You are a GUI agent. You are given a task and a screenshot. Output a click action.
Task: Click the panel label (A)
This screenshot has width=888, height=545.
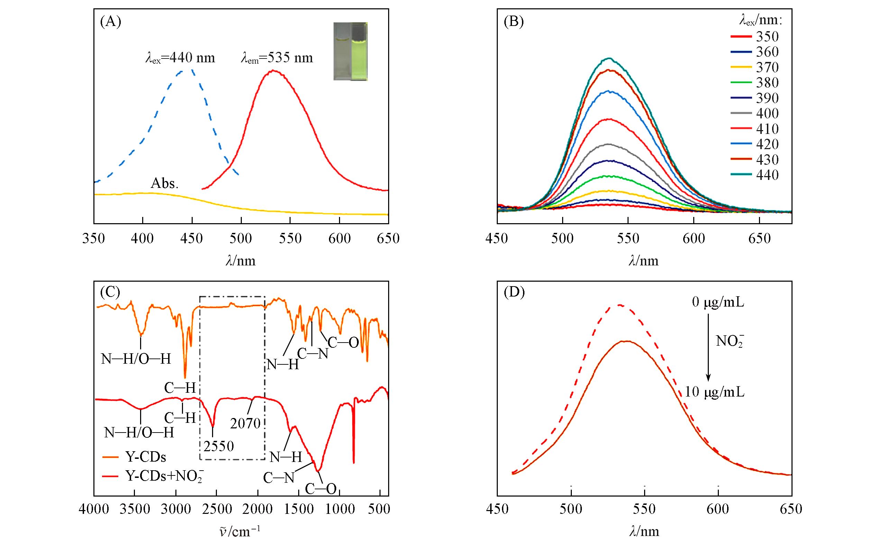tap(110, 22)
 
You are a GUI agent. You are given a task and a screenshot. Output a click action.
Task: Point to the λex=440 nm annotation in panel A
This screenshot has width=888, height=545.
tap(180, 58)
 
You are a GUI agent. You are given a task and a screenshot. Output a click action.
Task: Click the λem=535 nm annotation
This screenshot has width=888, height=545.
tap(277, 58)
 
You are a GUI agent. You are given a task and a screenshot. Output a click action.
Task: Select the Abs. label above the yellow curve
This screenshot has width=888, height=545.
tap(165, 184)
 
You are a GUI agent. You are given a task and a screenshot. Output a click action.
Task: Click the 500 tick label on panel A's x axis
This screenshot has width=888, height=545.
tap(241, 239)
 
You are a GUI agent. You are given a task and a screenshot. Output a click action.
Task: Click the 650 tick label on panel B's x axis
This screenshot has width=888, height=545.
tap(759, 239)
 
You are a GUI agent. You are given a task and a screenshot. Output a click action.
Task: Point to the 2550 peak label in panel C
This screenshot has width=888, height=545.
tap(218, 446)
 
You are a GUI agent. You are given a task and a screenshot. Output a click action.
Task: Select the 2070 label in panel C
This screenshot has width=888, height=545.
tap(245, 424)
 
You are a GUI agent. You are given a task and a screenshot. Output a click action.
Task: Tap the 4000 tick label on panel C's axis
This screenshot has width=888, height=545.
tap(94, 509)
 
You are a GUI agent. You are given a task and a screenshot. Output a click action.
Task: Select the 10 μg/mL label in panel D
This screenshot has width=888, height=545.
tap(714, 392)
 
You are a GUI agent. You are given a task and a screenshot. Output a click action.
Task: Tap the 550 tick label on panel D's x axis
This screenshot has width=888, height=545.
tap(644, 509)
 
